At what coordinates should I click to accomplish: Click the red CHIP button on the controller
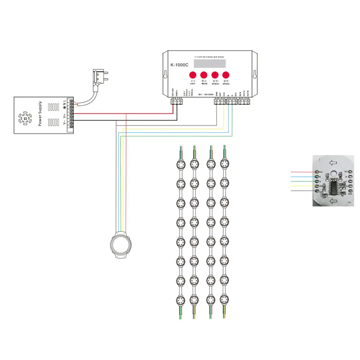coord(192,75)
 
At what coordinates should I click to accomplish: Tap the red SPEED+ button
coord(215,75)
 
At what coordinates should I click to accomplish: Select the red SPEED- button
coord(226,75)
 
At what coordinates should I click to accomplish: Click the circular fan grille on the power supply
coord(25,120)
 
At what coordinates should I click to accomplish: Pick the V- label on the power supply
coord(64,123)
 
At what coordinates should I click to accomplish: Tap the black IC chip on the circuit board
coord(335,185)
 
